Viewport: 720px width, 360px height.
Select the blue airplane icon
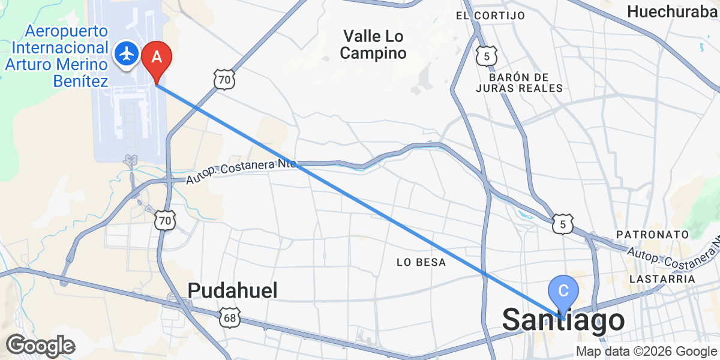pos(127,54)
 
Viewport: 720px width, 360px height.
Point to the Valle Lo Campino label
pos(373,44)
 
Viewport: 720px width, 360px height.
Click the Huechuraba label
pos(672,11)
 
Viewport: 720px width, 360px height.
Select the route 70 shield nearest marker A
pos(224,79)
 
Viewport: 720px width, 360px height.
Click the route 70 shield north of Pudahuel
pos(164,221)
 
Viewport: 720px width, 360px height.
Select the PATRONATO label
pos(656,234)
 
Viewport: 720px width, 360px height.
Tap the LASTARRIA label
pos(662,279)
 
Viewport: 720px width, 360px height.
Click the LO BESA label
pos(422,262)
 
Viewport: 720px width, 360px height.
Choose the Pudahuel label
pos(233,291)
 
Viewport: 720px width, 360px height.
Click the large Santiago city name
pos(563,320)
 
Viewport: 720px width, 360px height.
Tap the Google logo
pos(40,346)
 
